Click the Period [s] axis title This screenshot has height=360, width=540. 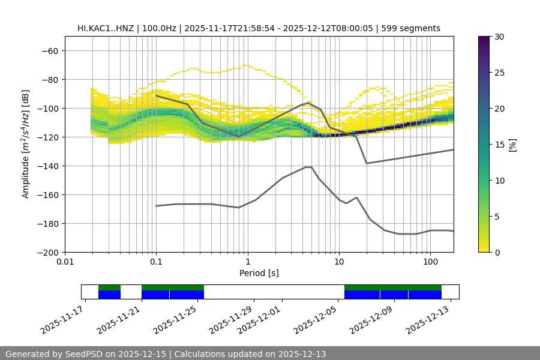[x=259, y=273]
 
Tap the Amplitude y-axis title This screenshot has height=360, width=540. [x=26, y=144]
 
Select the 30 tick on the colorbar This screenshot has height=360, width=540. [x=499, y=37]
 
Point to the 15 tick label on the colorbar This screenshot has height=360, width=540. [x=499, y=144]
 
